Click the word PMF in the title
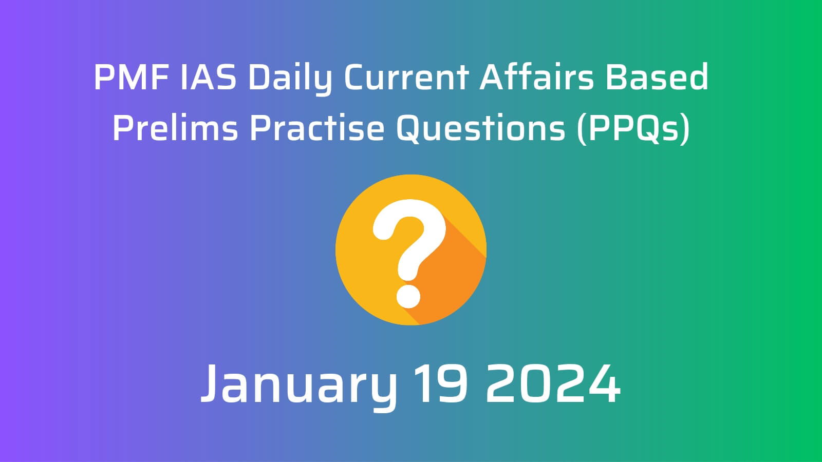pyautogui.click(x=131, y=77)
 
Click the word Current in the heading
pyautogui.click(x=406, y=77)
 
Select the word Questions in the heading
pyautogui.click(x=481, y=128)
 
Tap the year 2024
pyautogui.click(x=553, y=383)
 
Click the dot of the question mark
pyautogui.click(x=408, y=296)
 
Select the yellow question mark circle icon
pyautogui.click(x=411, y=249)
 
